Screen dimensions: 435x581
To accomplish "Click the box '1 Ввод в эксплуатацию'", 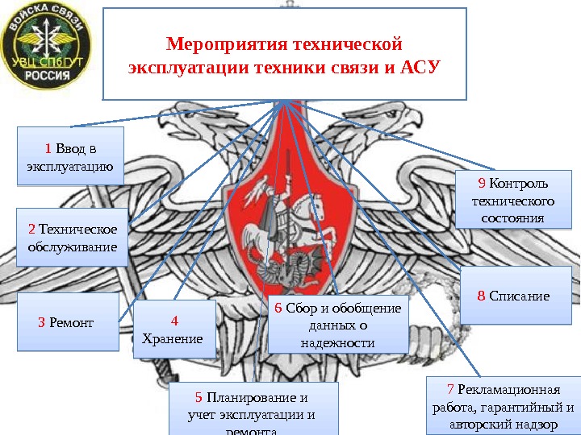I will point(70,156).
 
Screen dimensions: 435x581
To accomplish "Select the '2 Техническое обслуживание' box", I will point(73,238).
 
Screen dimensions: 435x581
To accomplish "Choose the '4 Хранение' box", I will point(173,329).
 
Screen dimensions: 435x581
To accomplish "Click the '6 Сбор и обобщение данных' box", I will point(337,325).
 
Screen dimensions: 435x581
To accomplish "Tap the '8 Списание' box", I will point(514,296).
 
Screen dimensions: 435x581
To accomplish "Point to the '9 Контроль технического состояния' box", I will point(513,199).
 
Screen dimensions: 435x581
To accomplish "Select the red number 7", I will point(451,391).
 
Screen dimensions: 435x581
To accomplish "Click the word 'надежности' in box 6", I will point(337,342).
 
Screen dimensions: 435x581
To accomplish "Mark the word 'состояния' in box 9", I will point(513,218).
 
